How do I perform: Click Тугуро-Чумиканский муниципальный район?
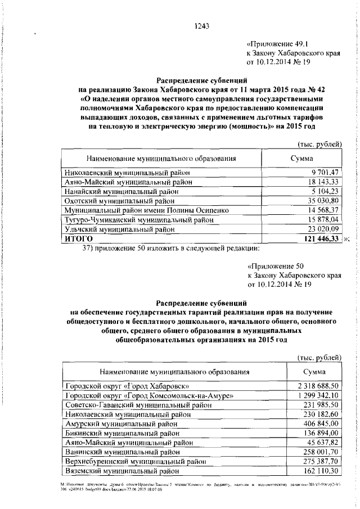[x=133, y=219]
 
